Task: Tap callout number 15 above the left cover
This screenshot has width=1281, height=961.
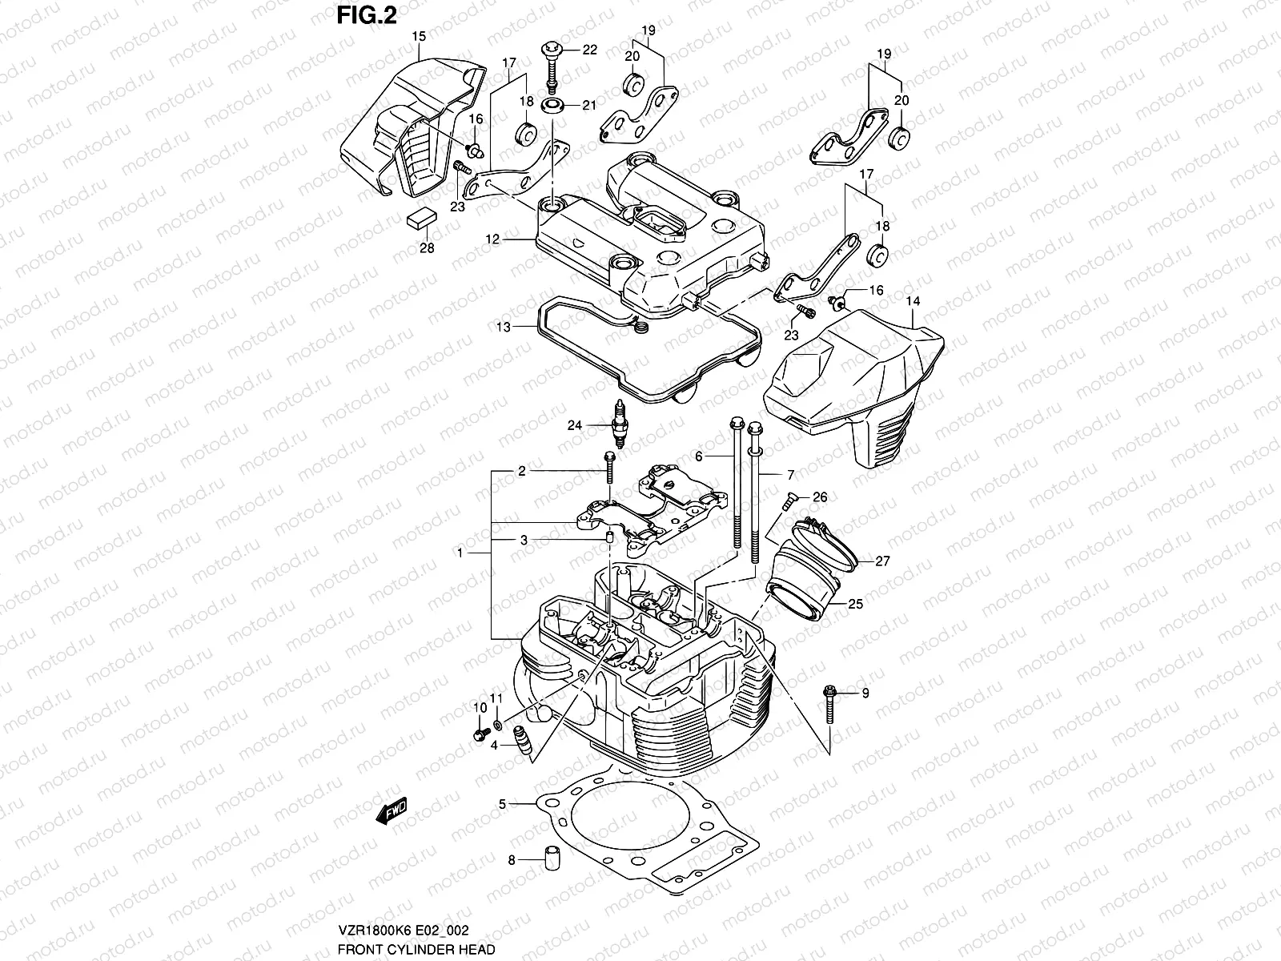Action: pos(418,36)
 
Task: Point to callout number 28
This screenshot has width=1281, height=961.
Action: pos(427,248)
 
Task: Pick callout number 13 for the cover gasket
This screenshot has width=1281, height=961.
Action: pos(503,327)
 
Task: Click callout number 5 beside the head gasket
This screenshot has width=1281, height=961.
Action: pos(502,802)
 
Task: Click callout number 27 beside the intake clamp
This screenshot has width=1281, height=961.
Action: pos(882,561)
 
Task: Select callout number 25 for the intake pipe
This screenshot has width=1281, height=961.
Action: pos(855,605)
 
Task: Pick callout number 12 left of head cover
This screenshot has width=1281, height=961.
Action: pos(492,239)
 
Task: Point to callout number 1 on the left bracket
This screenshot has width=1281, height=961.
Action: pos(460,553)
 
